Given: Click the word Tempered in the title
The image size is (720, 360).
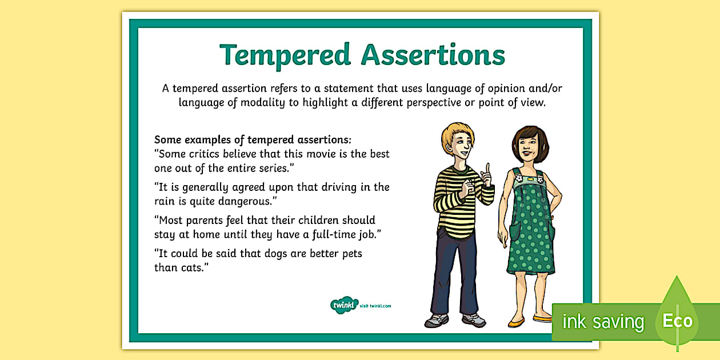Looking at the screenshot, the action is [x=285, y=55].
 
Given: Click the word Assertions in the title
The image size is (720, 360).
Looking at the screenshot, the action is [x=433, y=55].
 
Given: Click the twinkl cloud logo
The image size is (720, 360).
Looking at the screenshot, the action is [x=344, y=305].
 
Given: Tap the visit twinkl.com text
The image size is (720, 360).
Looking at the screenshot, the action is [x=375, y=306].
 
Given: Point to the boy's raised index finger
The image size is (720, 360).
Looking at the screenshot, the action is [x=488, y=169].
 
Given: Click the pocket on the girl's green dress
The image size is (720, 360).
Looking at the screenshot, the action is [x=515, y=230].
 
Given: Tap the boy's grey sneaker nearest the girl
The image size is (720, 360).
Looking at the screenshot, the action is [x=474, y=320].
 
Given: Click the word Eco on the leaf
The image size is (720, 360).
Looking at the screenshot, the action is [x=677, y=321].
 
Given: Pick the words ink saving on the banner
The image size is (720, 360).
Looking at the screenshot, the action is [x=603, y=321].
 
